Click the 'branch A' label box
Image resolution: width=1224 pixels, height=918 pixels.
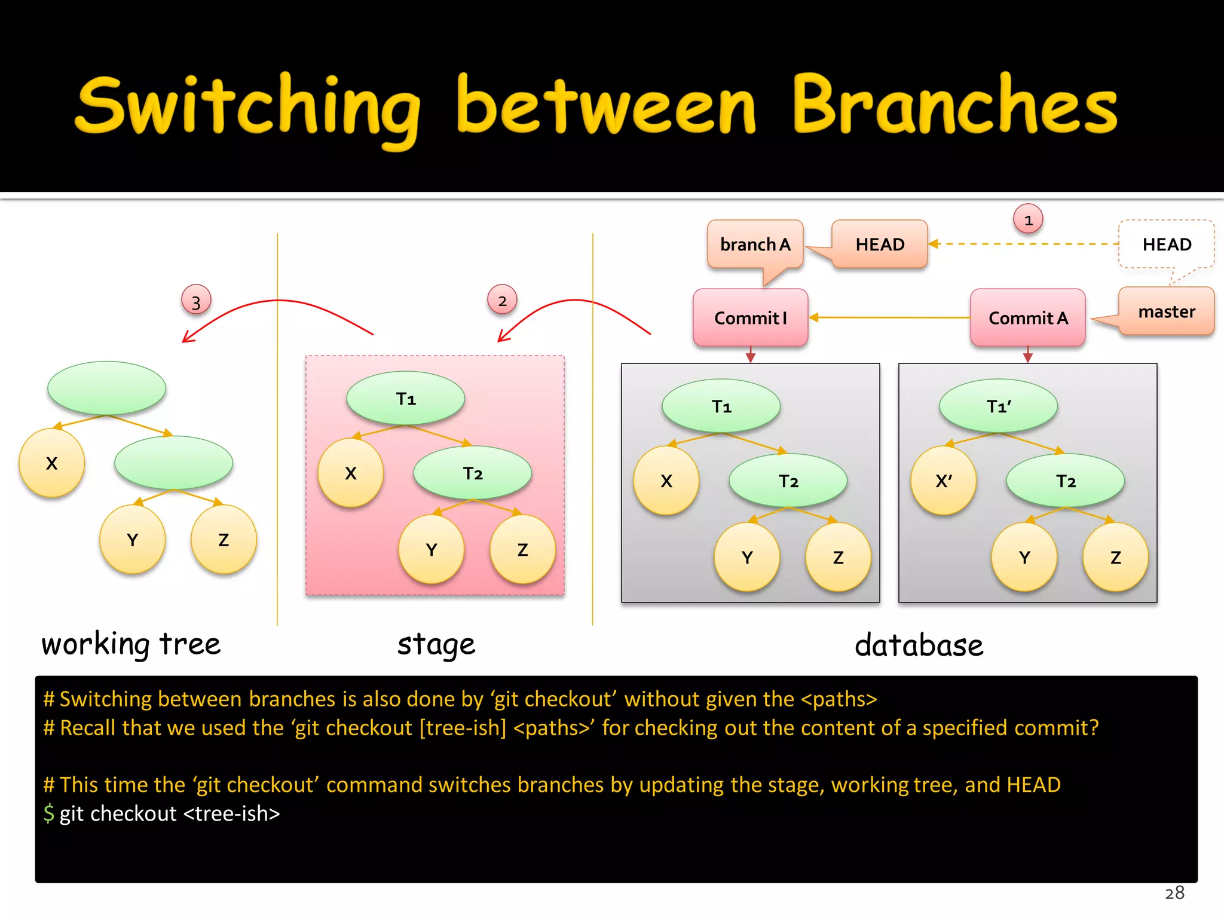[755, 244]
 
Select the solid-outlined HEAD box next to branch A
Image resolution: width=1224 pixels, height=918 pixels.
[880, 244]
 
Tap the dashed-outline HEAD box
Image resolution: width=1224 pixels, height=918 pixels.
[1166, 244]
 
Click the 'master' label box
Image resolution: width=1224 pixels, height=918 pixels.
[1166, 312]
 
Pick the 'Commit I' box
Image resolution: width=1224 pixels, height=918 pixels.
[751, 318]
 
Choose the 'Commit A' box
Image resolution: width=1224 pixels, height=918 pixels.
[1027, 318]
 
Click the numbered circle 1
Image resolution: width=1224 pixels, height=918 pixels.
[1028, 220]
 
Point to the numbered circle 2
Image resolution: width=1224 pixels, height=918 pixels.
[502, 301]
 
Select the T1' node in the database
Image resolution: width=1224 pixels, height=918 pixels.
[998, 406]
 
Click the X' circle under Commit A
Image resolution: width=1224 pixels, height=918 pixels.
[943, 481]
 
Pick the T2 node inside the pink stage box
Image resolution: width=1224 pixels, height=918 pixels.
[472, 473]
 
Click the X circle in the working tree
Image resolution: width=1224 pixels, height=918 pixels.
[52, 463]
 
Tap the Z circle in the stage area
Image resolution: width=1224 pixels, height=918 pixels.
[522, 550]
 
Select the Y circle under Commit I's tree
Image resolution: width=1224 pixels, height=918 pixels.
[747, 558]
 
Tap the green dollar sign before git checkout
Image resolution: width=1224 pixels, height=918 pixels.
[49, 813]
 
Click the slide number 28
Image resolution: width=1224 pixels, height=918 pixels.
[1174, 893]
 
